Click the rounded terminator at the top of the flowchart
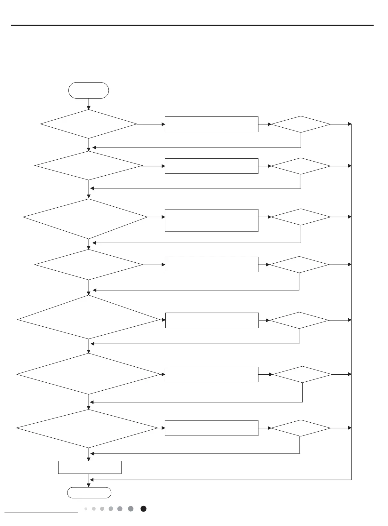[89, 90]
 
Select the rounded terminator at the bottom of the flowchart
[89, 493]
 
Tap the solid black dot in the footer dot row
[144, 509]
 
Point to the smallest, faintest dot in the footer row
[86, 509]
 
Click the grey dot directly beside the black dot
[131, 509]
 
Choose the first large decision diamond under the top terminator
[89, 124]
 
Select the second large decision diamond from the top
[89, 166]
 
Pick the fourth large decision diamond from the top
[89, 265]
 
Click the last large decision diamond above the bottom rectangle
[87, 428]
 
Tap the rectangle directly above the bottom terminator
[90, 467]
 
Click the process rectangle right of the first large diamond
[211, 124]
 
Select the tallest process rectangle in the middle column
[211, 220]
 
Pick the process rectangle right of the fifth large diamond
[212, 320]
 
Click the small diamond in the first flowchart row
[301, 124]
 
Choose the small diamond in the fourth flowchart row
[299, 265]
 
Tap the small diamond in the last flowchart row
[301, 428]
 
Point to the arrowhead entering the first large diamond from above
[89, 108]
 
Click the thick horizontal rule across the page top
[192, 25]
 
